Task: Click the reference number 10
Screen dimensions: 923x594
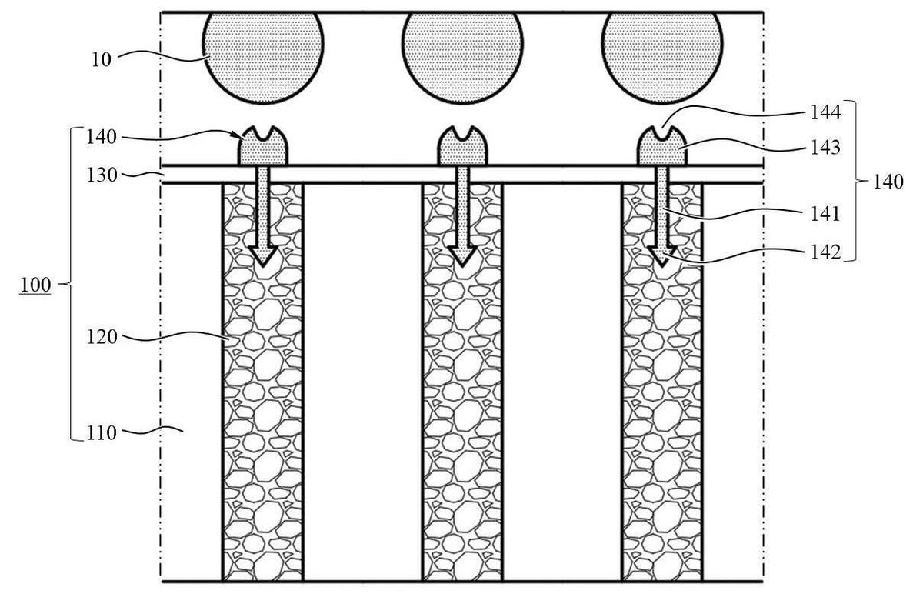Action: (x=101, y=60)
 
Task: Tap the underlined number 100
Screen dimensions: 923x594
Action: (x=35, y=285)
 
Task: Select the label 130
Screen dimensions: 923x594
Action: (x=102, y=175)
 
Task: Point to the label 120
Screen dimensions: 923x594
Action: (x=102, y=337)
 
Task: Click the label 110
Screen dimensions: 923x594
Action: (x=102, y=433)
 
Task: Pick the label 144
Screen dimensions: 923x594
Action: (x=825, y=112)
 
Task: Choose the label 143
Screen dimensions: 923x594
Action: (x=825, y=148)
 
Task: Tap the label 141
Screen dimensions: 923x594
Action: (x=825, y=215)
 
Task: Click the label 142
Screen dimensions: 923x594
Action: (x=825, y=252)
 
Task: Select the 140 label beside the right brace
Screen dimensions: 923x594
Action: (x=888, y=182)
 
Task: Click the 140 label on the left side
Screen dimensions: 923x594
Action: (x=102, y=137)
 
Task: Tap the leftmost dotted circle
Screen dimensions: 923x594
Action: (x=263, y=57)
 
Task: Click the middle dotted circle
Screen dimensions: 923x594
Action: (x=463, y=57)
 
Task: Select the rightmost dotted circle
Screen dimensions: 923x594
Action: (x=662, y=57)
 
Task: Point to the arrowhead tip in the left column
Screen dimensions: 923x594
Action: (x=263, y=266)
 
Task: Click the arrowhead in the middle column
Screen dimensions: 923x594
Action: (x=462, y=256)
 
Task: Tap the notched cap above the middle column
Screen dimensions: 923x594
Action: (x=462, y=146)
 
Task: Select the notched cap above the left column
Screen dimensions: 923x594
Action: (x=263, y=146)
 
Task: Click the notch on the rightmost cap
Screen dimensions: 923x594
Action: (x=662, y=133)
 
